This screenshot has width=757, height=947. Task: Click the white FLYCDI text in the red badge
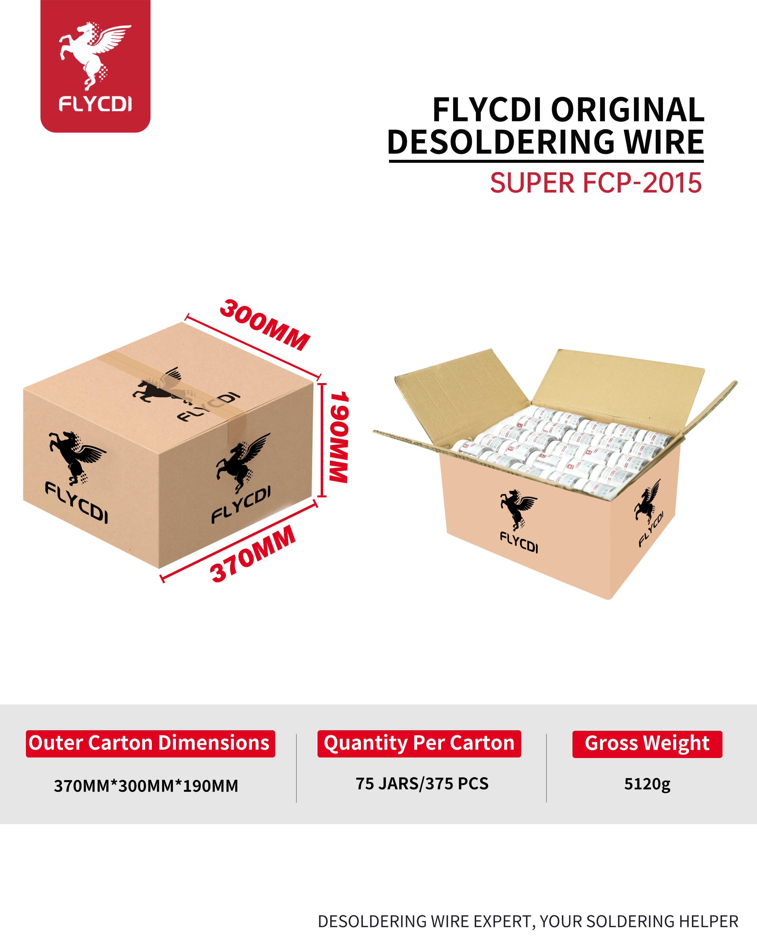(x=95, y=104)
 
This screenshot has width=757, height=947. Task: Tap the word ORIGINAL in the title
(x=628, y=110)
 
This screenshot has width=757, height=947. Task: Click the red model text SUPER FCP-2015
(x=595, y=183)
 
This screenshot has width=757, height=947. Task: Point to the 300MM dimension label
(x=265, y=325)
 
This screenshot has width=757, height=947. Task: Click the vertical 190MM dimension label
(x=339, y=437)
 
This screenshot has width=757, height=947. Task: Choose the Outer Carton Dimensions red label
(x=150, y=744)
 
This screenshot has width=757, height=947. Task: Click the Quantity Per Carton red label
(x=419, y=744)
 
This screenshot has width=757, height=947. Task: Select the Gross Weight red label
(x=647, y=744)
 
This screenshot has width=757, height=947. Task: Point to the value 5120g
(x=647, y=784)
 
